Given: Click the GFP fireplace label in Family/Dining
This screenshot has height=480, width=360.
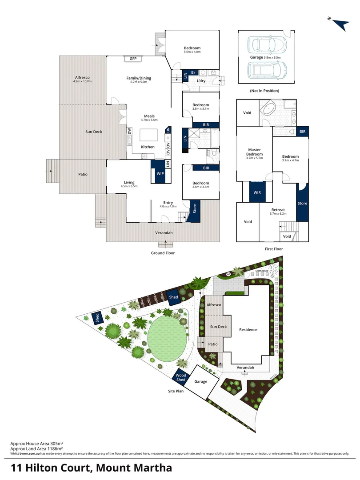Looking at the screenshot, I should pyautogui.click(x=133, y=59).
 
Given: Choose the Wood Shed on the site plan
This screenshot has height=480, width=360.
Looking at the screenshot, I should pyautogui.click(x=181, y=377).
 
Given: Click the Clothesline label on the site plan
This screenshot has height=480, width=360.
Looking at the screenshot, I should pyautogui.click(x=262, y=270).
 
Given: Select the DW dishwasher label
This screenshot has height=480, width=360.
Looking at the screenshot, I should pyautogui.click(x=129, y=131).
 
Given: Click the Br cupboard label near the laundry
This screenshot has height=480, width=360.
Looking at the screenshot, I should pyautogui.click(x=193, y=72).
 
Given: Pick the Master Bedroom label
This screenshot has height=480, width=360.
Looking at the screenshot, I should pyautogui.click(x=254, y=152).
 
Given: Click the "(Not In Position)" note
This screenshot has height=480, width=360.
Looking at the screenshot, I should pyautogui.click(x=264, y=91).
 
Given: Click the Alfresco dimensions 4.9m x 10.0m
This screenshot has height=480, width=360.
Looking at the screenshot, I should pyautogui.click(x=83, y=81).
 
